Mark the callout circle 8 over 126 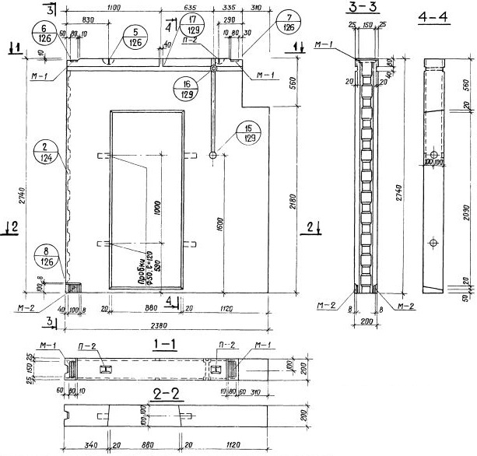pyautogui.click(x=48, y=256)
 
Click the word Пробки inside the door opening pyautogui.click(x=142, y=272)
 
